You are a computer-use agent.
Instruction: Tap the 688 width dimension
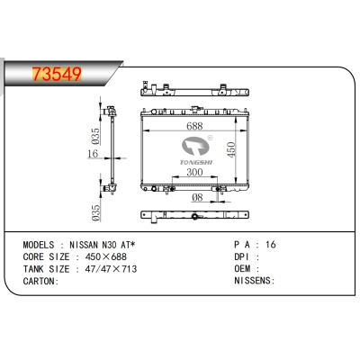[x=194, y=126]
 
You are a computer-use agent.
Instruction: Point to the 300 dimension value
[x=194, y=173]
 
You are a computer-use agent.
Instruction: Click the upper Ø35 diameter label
[x=94, y=137]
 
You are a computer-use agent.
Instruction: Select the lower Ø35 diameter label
[x=94, y=212]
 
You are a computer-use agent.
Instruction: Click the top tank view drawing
[x=194, y=90]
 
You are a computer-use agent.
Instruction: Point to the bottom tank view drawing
[x=194, y=217]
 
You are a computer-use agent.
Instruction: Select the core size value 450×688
[x=107, y=256]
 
